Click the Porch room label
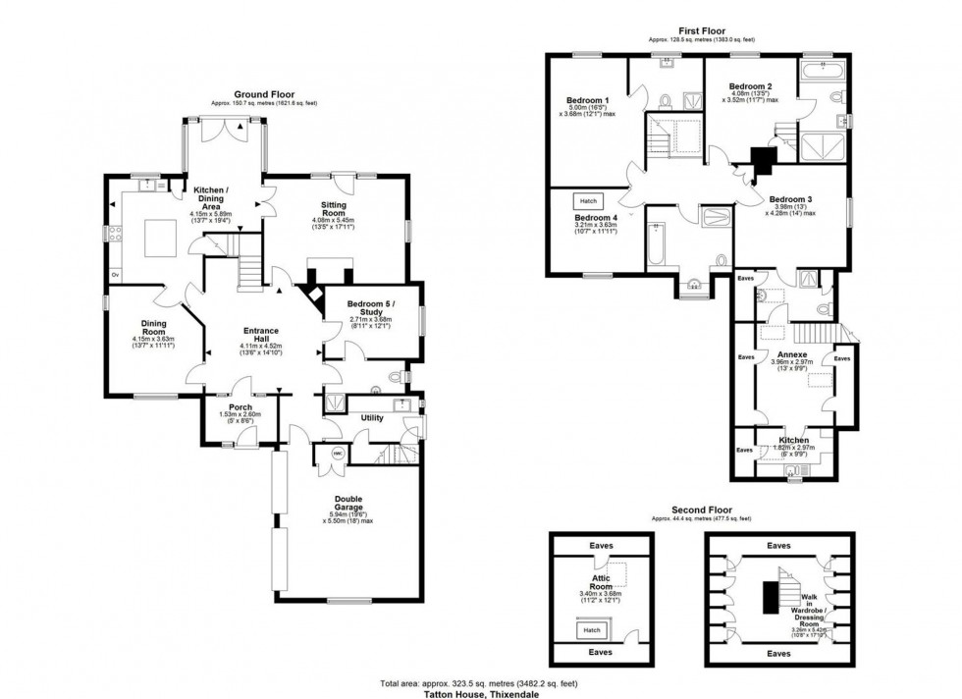tap(240, 406)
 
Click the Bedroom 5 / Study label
tap(370, 307)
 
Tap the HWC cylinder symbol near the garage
tap(338, 453)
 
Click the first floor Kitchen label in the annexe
tap(793, 441)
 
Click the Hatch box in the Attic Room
tap(592, 630)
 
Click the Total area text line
tap(480, 683)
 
